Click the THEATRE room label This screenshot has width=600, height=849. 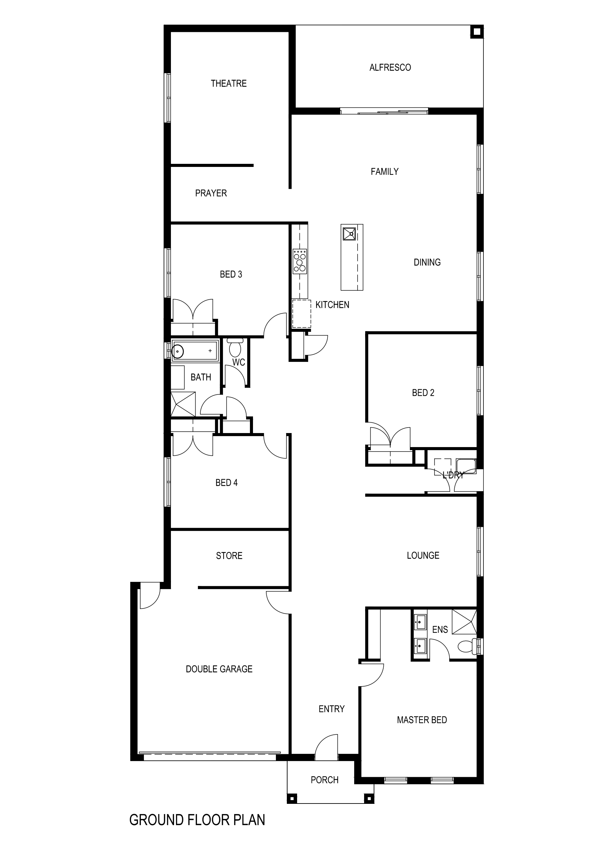point(228,83)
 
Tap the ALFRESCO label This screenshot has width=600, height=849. point(390,68)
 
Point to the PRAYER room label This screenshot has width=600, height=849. point(211,193)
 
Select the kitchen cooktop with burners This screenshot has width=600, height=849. point(300,261)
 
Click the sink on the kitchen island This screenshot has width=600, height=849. point(349,234)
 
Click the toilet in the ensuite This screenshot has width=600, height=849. point(467,646)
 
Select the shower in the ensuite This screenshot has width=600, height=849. point(464,622)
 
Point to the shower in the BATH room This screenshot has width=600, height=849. point(183,404)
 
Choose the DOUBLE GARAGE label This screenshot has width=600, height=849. point(219,669)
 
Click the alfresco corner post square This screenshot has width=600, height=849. point(477,32)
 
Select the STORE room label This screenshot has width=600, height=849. point(229,556)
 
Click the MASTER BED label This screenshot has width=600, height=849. point(422,720)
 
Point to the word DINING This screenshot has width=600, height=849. point(427,262)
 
